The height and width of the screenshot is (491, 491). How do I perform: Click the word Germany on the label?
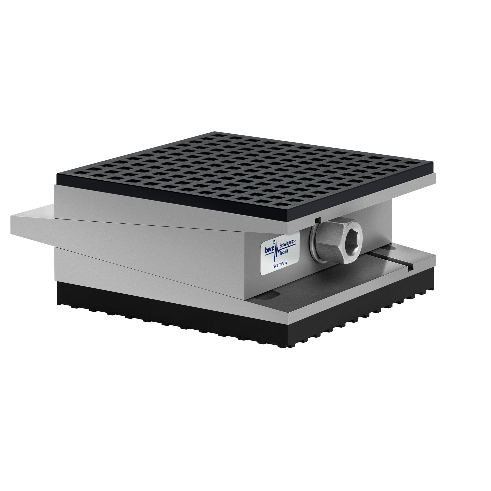pos(280,265)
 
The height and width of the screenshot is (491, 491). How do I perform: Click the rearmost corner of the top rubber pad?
pos(215,132)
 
